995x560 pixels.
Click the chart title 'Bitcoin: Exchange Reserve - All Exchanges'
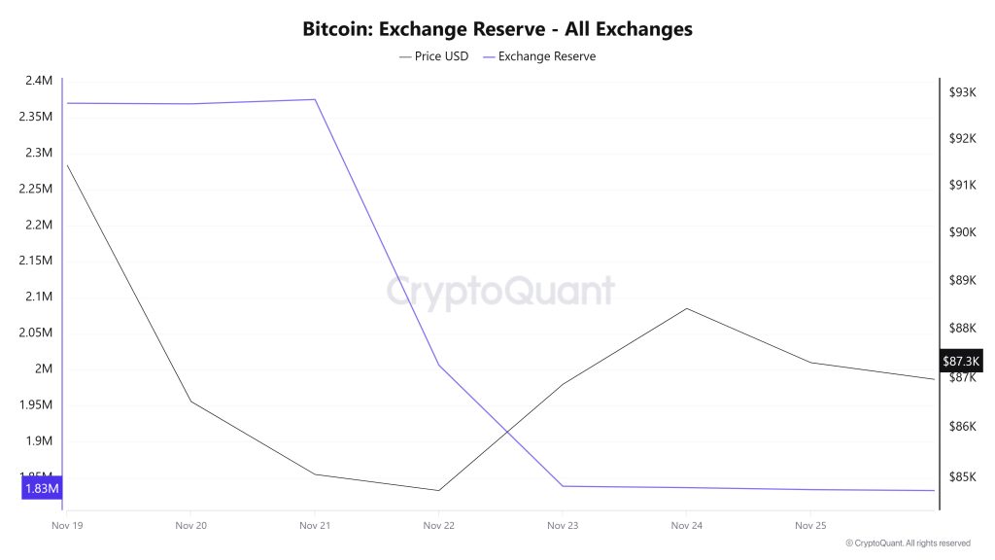pos(497,29)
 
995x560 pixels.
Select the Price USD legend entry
pos(434,56)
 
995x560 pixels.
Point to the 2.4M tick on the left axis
pos(40,81)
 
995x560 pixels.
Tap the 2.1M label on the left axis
pos(40,297)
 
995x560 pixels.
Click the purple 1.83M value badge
pos(41,488)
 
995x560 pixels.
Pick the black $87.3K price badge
pos(962,362)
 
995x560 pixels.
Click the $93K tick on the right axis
pos(961,92)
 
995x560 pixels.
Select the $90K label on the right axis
pos(961,232)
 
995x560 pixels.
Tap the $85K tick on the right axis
pos(961,476)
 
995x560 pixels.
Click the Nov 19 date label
pos(67,526)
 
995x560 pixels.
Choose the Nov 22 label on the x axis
pos(439,526)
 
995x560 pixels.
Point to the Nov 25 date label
pos(810,526)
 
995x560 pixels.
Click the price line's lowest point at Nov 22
pos(438,490)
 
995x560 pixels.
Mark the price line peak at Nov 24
pos(687,308)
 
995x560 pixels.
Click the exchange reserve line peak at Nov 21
pos(315,99)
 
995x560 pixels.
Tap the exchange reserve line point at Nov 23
pos(563,486)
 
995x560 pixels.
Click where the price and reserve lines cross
pos(506,430)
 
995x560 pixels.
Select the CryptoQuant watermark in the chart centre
pos(500,291)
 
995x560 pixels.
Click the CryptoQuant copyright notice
pos(908,543)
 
